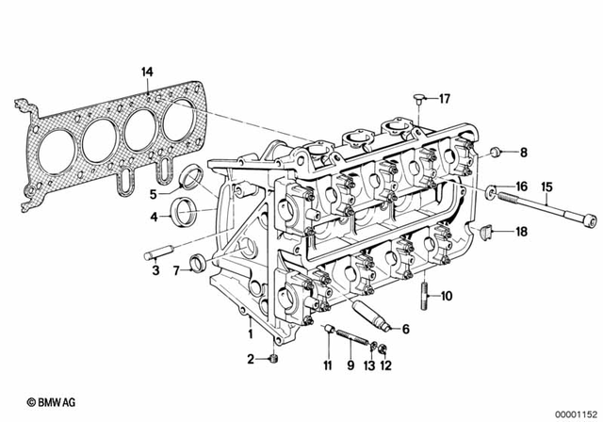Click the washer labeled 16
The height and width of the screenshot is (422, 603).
[x=492, y=192]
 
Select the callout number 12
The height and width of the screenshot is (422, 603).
[x=384, y=365]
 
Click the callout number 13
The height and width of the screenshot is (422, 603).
[x=369, y=365]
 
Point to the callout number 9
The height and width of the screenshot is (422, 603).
[x=349, y=365]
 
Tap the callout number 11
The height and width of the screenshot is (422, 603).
[x=328, y=365]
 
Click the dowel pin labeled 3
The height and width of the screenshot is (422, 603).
[x=157, y=253]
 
